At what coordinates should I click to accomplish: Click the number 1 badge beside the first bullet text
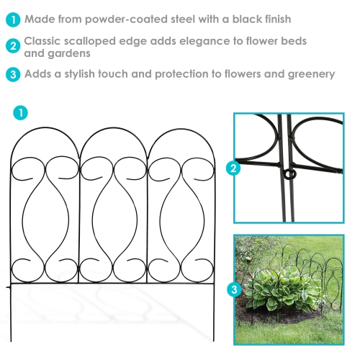pyautogui.click(x=12, y=19)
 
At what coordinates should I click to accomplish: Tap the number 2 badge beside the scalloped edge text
pyautogui.click(x=12, y=47)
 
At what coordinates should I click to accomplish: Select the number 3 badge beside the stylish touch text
pyautogui.click(x=12, y=74)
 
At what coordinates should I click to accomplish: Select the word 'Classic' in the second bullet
pyautogui.click(x=45, y=41)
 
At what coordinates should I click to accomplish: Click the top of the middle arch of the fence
pyautogui.click(x=114, y=130)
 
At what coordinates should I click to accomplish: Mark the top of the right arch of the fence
pyautogui.click(x=182, y=130)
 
